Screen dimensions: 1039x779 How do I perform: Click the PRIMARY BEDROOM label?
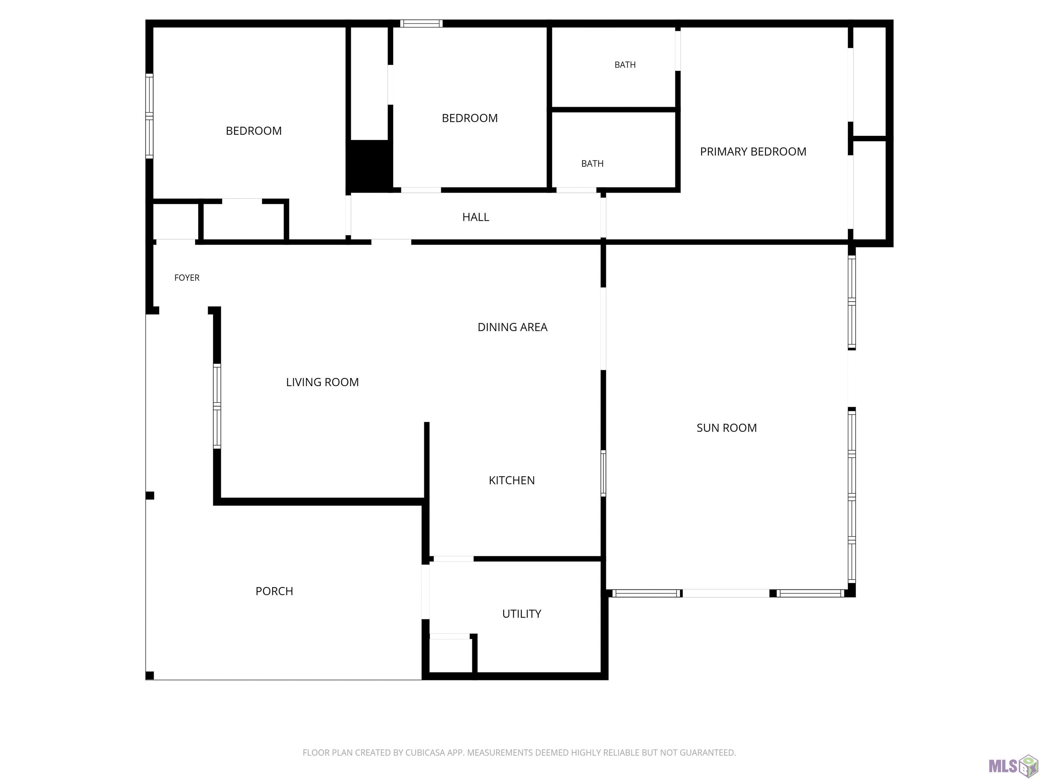[753, 152]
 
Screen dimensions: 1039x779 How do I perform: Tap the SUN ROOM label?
[726, 428]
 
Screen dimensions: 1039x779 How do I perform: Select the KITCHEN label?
[511, 480]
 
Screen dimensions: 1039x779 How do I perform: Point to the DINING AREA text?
[512, 327]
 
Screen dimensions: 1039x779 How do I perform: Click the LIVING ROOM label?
[322, 382]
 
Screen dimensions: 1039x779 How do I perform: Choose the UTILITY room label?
[522, 614]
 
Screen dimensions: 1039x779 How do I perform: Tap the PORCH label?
[274, 591]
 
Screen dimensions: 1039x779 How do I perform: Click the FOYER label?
[187, 278]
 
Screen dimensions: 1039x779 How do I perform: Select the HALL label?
[475, 217]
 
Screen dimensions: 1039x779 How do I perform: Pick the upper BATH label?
[625, 65]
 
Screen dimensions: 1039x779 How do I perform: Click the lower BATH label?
[592, 163]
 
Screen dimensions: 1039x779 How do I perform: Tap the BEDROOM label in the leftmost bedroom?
[254, 131]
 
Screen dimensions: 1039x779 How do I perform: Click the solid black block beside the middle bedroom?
[370, 166]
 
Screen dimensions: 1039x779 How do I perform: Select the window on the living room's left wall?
[217, 406]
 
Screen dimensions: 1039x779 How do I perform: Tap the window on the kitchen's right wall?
[604, 473]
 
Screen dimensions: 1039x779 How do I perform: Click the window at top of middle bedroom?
[421, 23]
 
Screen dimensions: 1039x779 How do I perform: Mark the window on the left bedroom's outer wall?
[149, 116]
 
